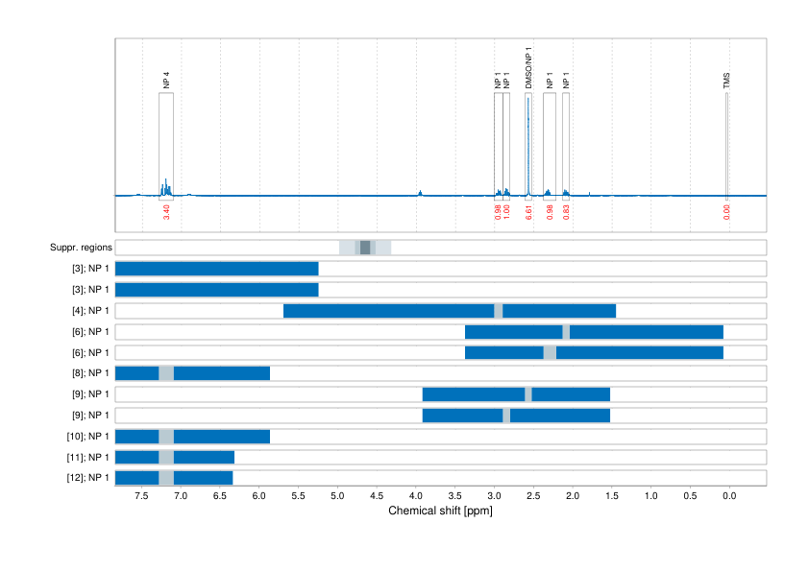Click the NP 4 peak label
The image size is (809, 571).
coord(166,81)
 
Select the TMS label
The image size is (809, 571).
coord(726,83)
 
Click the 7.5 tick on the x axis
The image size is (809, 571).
coord(142,496)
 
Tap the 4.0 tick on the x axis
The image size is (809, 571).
coord(416,496)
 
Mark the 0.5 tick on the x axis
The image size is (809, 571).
coord(690,496)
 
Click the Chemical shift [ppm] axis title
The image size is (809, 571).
coord(440,512)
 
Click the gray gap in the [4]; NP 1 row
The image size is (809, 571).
coord(498,311)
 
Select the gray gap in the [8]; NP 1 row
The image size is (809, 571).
coord(166,373)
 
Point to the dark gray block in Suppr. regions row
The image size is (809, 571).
coord(365,248)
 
